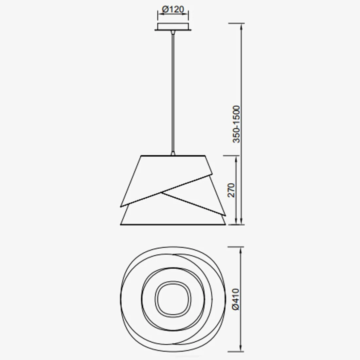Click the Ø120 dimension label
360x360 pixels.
173,9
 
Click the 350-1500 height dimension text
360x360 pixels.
236,124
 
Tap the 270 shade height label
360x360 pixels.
231,190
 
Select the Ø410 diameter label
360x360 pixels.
236,299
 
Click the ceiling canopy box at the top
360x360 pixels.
173,26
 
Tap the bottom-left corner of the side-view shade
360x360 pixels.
121,225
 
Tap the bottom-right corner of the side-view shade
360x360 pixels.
225,225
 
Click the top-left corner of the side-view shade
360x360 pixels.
141,156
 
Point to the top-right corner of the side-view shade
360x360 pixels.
205,156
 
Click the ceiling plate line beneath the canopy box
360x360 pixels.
173,31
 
